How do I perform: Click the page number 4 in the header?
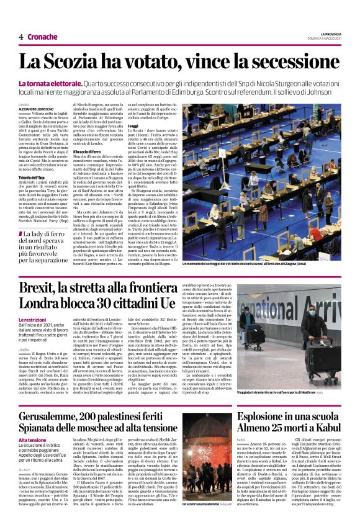pyautogui.click(x=21, y=37)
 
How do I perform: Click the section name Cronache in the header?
pyautogui.click(x=43, y=37)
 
